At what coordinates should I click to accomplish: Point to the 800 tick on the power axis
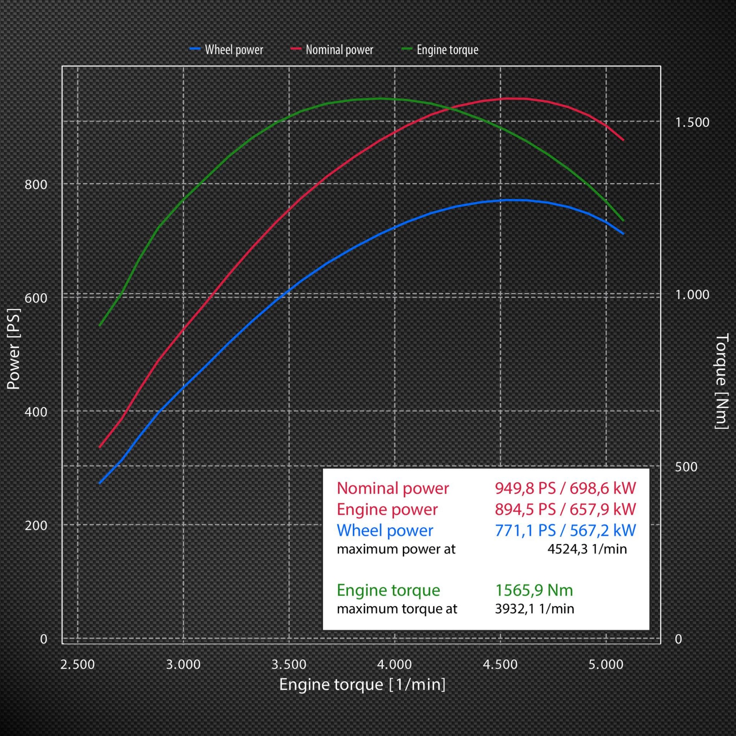pyautogui.click(x=36, y=184)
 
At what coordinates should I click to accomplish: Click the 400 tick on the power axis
pyautogui.click(x=36, y=412)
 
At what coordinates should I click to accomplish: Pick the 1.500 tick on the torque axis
pyautogui.click(x=692, y=122)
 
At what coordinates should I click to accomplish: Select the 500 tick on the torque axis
pyautogui.click(x=686, y=467)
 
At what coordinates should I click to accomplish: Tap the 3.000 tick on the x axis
pyautogui.click(x=183, y=665)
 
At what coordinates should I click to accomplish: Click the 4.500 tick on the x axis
pyautogui.click(x=500, y=665)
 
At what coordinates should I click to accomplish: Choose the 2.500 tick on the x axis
pyautogui.click(x=77, y=665)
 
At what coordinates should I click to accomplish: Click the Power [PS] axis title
pyautogui.click(x=14, y=349)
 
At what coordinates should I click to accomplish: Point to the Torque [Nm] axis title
pyautogui.click(x=721, y=382)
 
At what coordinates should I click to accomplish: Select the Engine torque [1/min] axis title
pyautogui.click(x=362, y=685)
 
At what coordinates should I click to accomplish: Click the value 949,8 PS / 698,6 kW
pyautogui.click(x=565, y=488)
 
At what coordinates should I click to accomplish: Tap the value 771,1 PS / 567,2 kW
pyautogui.click(x=565, y=531)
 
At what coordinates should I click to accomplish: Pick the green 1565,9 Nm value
pyautogui.click(x=534, y=590)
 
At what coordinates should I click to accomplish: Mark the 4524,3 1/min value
pyautogui.click(x=587, y=549)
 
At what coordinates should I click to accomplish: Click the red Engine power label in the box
pyautogui.click(x=387, y=509)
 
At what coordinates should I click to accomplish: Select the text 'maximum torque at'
pyautogui.click(x=397, y=609)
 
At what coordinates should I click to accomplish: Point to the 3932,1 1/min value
pyautogui.click(x=535, y=609)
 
